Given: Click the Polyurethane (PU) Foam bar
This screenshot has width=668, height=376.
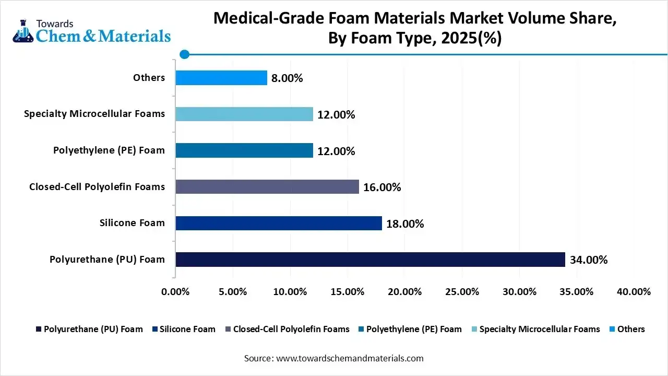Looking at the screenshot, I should [370, 260].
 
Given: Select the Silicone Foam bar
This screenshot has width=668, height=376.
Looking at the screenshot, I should [278, 224].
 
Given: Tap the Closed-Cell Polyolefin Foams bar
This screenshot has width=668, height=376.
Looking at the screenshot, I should [267, 187].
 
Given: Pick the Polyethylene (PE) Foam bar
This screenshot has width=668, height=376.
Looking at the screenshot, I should [244, 151].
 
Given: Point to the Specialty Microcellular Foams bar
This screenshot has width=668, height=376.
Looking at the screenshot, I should [244, 114].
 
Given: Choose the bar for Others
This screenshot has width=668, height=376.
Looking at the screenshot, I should [221, 78].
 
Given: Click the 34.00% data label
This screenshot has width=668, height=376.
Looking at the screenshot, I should [589, 260].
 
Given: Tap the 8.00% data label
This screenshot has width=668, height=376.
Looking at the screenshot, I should [287, 78].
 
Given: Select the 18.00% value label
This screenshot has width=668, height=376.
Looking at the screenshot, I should [405, 224].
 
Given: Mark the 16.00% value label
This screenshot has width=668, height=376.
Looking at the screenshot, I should [382, 187].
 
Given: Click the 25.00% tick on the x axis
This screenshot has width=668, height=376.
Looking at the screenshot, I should [462, 292].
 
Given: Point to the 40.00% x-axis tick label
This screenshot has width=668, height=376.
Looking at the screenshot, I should [634, 292].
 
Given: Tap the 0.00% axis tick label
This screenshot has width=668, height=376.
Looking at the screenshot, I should [176, 292].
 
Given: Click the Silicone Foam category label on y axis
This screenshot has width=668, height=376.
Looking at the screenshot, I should [132, 223].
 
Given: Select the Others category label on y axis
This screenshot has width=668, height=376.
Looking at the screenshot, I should [149, 78].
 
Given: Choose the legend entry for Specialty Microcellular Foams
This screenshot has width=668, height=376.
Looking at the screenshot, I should [539, 329].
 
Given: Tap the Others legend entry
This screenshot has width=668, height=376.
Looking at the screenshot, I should [630, 329].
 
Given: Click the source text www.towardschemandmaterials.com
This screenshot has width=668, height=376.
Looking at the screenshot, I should [349, 358].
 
